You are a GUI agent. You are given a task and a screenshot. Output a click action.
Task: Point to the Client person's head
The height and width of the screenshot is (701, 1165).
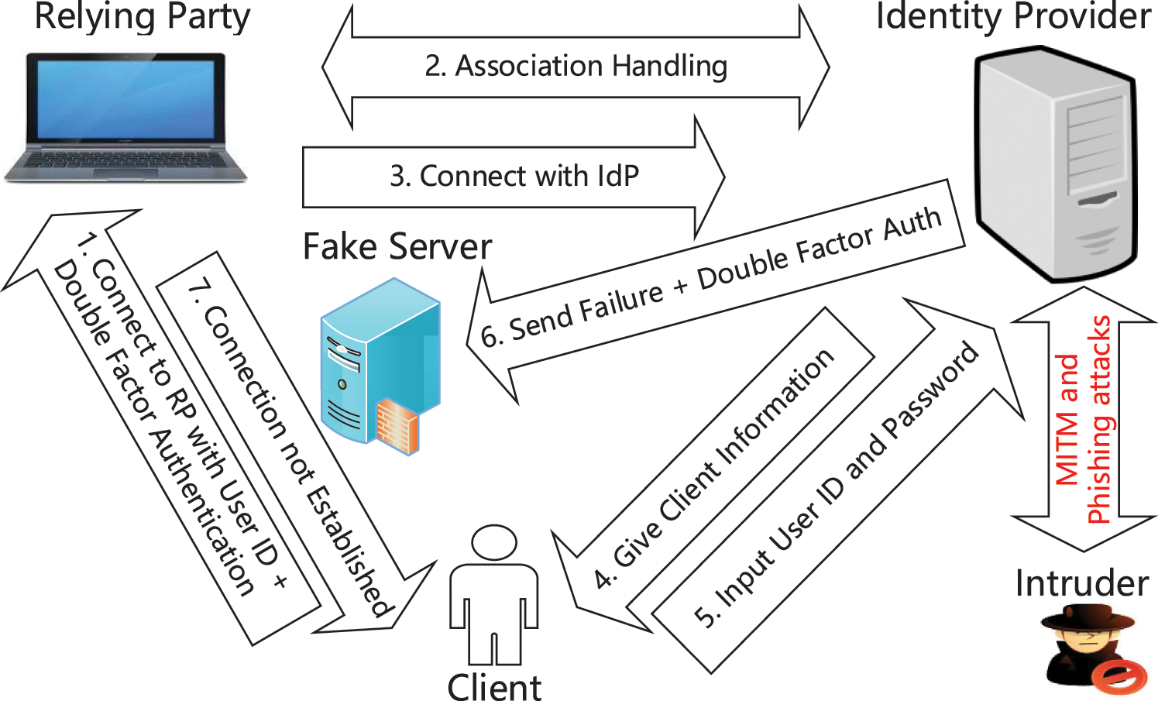pyautogui.click(x=494, y=542)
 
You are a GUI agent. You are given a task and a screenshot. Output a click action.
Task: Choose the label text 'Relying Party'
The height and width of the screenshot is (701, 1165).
pyautogui.click(x=143, y=17)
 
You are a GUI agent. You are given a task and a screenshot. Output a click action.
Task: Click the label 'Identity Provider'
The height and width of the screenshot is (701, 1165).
pyautogui.click(x=1013, y=17)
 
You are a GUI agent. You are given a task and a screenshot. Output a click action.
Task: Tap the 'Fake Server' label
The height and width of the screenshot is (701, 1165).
pyautogui.click(x=397, y=247)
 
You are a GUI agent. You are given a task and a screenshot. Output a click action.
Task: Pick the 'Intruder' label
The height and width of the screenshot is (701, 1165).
pyautogui.click(x=1081, y=583)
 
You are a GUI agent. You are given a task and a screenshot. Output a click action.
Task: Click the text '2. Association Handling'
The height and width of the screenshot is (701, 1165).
pyautogui.click(x=576, y=67)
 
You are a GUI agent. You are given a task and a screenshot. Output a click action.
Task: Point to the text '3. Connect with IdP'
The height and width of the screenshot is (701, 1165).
pyautogui.click(x=514, y=177)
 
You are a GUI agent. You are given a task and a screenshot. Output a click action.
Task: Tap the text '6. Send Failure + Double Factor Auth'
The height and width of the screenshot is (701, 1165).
pyautogui.click(x=710, y=278)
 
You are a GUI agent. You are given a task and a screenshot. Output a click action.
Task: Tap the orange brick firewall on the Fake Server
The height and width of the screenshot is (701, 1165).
pyautogui.click(x=397, y=424)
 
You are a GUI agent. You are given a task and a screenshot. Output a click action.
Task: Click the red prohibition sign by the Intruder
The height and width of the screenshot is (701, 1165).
pyautogui.click(x=1119, y=676)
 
